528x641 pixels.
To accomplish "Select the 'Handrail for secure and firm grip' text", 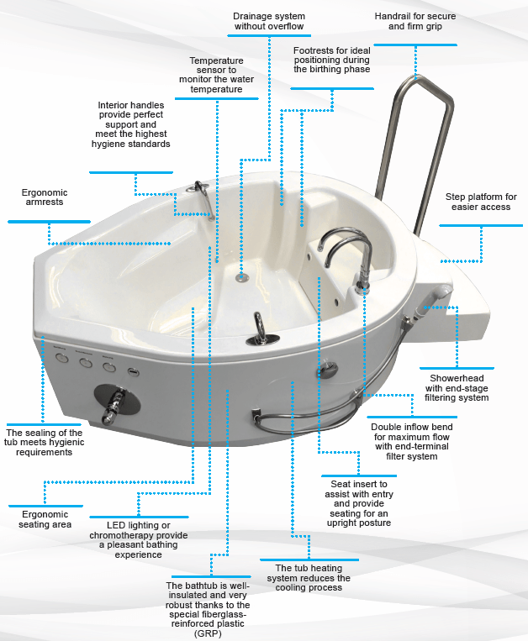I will click(416, 22).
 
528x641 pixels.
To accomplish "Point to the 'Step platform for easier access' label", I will click(481, 202).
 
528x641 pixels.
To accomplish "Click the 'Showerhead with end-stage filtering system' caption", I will click(457, 387).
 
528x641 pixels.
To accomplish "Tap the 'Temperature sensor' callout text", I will click(216, 75).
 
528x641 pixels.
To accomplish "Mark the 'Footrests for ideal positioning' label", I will click(331, 60).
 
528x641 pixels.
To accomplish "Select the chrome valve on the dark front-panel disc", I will click(113, 402).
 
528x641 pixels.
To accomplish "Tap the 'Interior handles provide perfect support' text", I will click(133, 124).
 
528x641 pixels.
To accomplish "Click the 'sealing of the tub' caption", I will click(45, 443).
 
